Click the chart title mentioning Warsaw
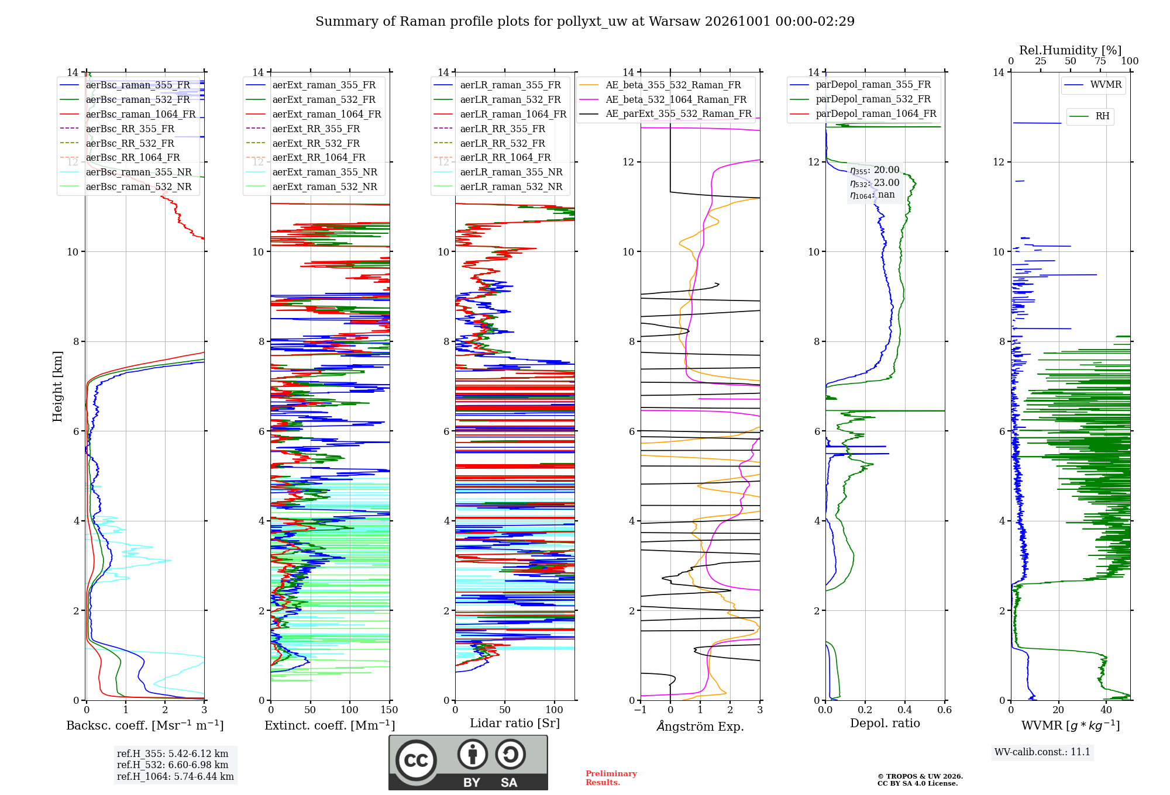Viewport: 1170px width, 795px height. click(x=585, y=22)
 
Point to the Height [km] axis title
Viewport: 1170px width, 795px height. click(x=57, y=386)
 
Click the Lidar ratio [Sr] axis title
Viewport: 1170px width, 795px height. click(x=515, y=723)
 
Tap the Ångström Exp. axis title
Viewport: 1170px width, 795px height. click(x=700, y=726)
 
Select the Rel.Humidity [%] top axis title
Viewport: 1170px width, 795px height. click(x=1071, y=50)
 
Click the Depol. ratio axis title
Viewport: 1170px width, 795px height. click(x=885, y=723)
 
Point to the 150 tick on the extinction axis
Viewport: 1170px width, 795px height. click(x=389, y=710)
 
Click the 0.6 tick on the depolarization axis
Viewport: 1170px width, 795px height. click(x=944, y=710)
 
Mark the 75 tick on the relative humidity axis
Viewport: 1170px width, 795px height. click(x=1100, y=61)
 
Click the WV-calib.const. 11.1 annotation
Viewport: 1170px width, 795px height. click(x=1042, y=752)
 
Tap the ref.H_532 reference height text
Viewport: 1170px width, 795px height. click(x=173, y=765)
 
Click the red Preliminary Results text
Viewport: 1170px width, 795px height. click(x=611, y=778)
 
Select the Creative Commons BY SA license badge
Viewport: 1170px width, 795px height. click(x=469, y=763)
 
